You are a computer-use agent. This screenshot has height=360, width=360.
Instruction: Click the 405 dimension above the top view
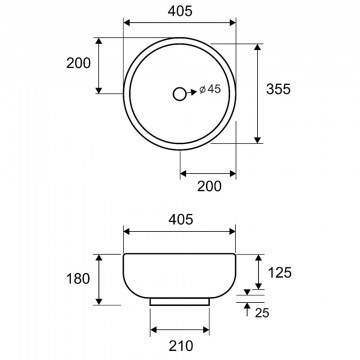coord(180,11)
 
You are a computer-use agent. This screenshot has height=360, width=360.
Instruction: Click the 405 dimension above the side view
coord(181,219)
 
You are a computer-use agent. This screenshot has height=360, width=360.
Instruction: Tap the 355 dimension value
coord(278,89)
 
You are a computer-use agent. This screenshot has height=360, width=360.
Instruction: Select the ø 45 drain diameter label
coord(210,89)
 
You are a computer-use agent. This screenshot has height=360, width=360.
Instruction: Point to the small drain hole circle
coord(180,94)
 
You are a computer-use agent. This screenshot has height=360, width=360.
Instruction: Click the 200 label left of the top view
coord(78,63)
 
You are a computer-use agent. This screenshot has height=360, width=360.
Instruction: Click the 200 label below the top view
coord(209,186)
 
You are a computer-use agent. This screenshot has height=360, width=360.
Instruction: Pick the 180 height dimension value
coord(78,279)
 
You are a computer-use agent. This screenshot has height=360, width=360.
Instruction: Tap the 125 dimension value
coord(280,273)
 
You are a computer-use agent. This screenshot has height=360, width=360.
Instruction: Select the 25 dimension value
coord(262,313)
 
